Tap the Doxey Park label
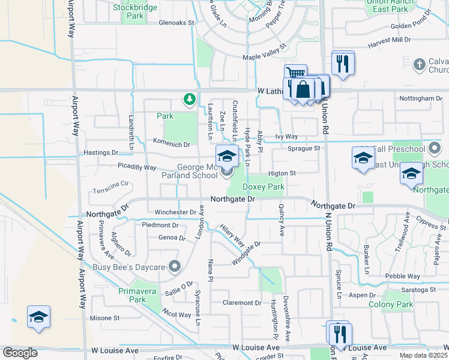point(263,187)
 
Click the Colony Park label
point(396,304)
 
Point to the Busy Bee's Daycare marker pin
point(175,266)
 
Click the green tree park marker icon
point(190,98)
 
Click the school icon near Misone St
point(38,317)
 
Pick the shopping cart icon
point(294,74)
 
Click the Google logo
point(20,353)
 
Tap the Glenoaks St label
point(177,23)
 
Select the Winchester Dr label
point(175,212)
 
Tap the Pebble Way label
point(402,276)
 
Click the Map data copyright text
point(423,355)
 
